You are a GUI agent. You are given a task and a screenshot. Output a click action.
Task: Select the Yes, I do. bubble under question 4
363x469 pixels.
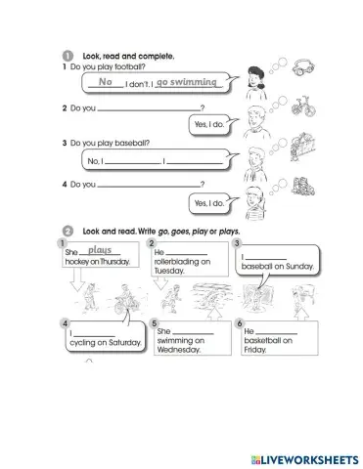[x=209, y=202]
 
